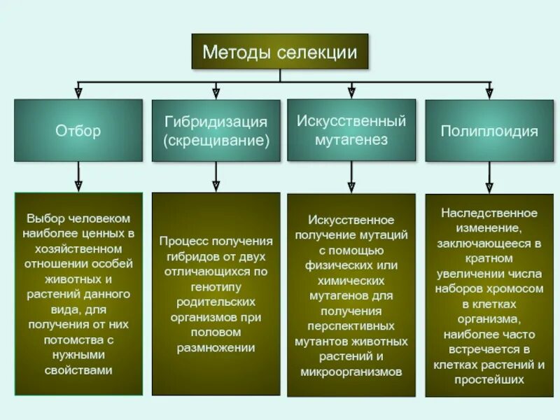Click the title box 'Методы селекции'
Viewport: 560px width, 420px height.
(x=280, y=52)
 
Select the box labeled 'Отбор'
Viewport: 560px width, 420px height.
(x=78, y=131)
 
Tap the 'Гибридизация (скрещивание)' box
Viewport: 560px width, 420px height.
(x=216, y=131)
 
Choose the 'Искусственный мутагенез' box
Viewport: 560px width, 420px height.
(x=351, y=130)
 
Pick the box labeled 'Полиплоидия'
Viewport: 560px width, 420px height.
(x=489, y=131)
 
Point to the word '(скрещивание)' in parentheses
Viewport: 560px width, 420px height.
(x=216, y=140)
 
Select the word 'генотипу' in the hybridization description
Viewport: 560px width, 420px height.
(x=216, y=286)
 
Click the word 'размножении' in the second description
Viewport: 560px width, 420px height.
(x=216, y=348)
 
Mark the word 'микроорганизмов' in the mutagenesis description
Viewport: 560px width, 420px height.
(x=351, y=372)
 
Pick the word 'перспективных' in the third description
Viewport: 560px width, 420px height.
(x=351, y=325)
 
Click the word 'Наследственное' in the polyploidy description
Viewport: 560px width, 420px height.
(x=489, y=213)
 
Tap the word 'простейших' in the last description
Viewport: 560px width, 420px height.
(x=489, y=380)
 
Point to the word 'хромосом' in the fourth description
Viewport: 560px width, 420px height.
(x=517, y=288)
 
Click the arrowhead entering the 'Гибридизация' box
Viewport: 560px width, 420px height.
(x=216, y=92)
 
